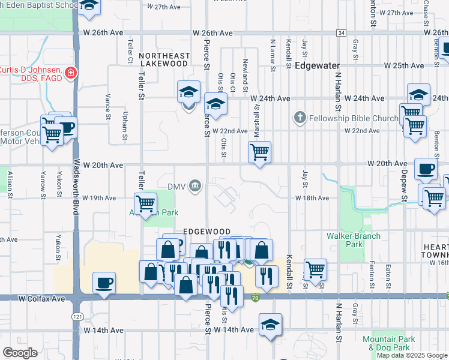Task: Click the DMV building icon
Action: click(194, 186)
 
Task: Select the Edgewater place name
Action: click(318, 65)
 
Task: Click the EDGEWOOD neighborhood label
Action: click(206, 231)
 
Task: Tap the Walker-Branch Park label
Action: click(354, 240)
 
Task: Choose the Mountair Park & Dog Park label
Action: click(389, 343)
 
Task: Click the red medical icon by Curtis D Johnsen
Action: click(71, 73)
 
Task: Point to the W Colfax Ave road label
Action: click(41, 298)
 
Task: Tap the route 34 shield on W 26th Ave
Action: click(341, 33)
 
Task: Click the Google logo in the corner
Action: click(20, 352)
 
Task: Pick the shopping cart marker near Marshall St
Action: click(259, 152)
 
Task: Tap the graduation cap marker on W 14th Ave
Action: click(271, 326)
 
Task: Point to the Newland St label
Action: click(245, 75)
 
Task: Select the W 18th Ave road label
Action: click(312, 198)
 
